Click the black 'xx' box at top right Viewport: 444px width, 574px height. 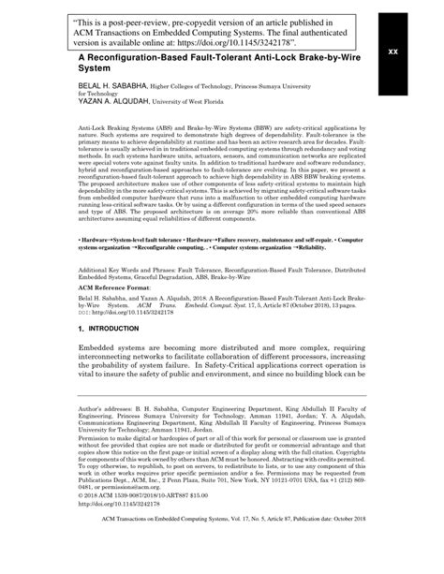pos(393,51)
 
